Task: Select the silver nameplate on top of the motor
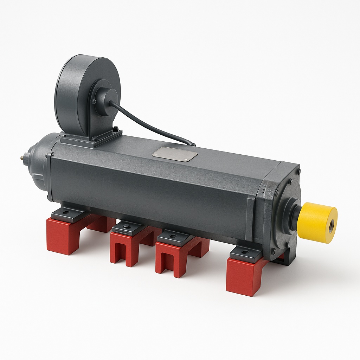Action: pos(175,154)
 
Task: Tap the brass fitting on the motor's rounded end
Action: pos(23,158)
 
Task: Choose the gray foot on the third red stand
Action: pos(174,237)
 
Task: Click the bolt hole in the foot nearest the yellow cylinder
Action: pos(246,252)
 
